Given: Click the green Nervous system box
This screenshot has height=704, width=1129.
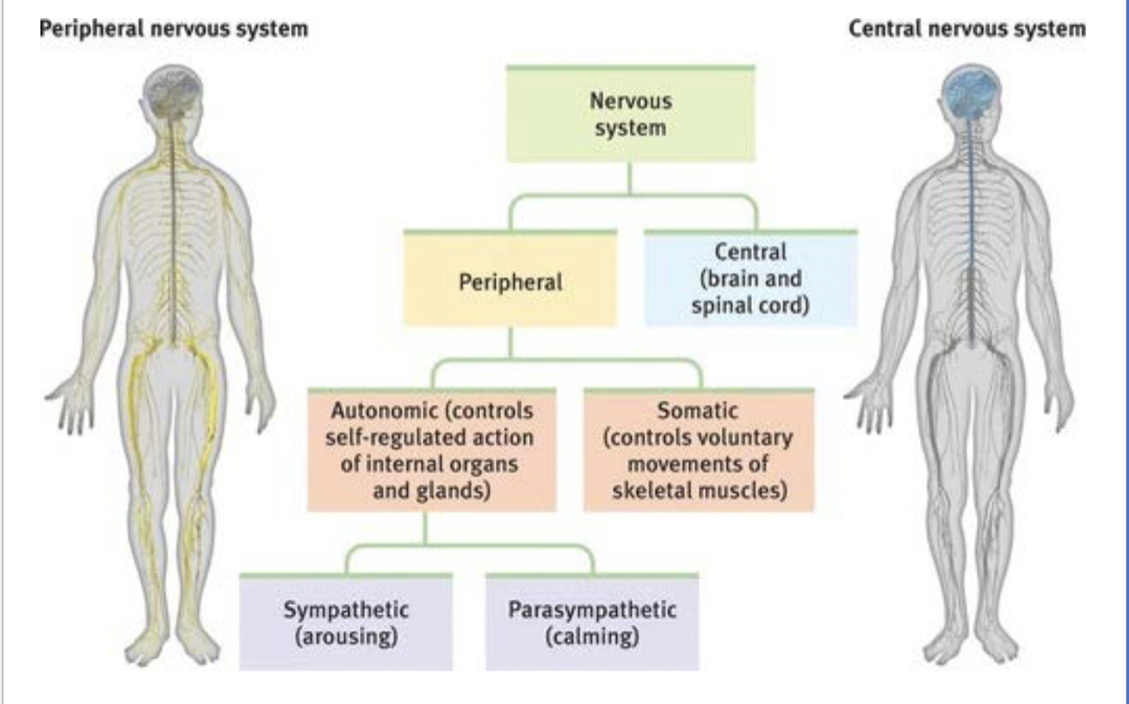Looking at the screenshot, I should (x=630, y=114).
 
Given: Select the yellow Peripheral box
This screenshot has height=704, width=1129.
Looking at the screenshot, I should (x=509, y=280).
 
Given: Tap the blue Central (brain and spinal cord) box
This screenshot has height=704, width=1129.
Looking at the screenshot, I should (x=750, y=279).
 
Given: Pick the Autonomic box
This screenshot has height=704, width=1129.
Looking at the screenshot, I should (x=430, y=448).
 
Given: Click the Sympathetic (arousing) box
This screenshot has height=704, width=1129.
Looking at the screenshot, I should (x=346, y=622).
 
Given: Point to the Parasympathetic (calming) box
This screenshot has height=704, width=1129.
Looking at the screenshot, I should (x=592, y=622).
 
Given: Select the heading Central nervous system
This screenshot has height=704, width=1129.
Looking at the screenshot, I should (x=966, y=28).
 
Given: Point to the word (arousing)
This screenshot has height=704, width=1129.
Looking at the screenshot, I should (x=346, y=639).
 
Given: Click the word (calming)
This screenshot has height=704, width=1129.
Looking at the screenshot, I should (x=592, y=639).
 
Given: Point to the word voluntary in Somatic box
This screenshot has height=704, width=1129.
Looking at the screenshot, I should (x=745, y=436).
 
